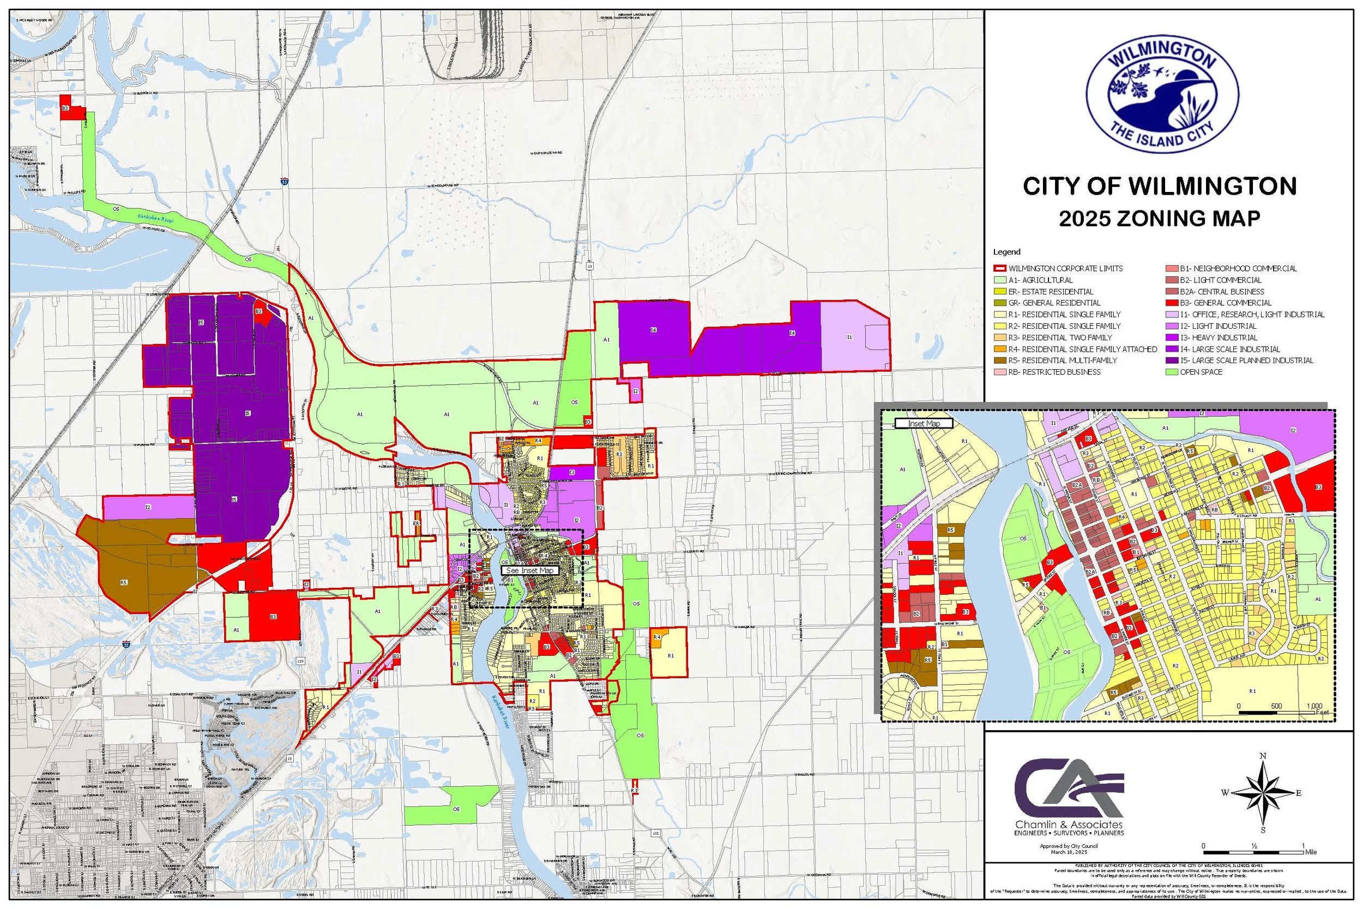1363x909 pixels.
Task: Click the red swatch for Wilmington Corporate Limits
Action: pos(1001,268)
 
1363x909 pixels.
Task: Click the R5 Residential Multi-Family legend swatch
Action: pos(1001,360)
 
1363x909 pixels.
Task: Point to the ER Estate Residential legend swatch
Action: pos(1001,292)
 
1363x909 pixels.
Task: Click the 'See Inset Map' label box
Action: pos(530,570)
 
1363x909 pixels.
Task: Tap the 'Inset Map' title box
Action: pos(924,424)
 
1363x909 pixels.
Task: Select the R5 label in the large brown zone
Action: pos(123,582)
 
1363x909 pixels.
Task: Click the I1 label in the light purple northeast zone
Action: pos(849,337)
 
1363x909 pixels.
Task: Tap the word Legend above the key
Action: pos(1006,252)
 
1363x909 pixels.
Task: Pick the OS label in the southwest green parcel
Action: pos(456,809)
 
